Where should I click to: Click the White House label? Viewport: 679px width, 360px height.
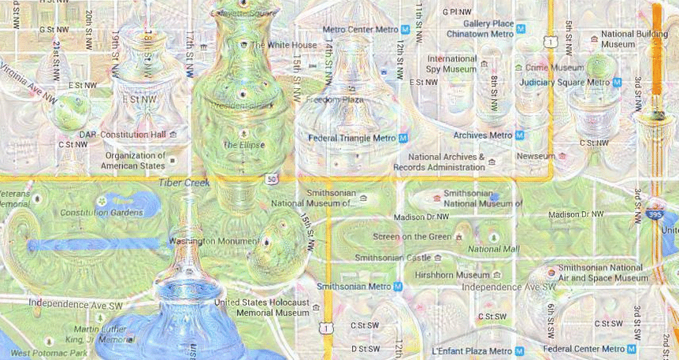pos(284,45)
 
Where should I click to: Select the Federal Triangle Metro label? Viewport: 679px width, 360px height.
pos(351,138)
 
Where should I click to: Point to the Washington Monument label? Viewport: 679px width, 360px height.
pos(214,240)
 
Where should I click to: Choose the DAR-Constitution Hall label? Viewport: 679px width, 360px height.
pos(123,135)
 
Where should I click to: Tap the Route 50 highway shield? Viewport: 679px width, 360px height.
pos(273,180)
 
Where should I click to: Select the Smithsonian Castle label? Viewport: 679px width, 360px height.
pos(392,257)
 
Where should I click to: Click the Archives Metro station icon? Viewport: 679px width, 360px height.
pos(519,135)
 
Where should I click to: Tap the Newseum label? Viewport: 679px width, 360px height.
pos(536,156)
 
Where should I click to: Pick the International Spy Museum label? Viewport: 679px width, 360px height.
pos(451,64)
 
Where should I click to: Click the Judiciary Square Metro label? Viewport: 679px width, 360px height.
pos(564,82)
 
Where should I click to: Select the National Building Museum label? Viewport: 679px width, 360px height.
pos(634,39)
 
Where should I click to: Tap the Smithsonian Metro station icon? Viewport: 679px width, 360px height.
pos(399,287)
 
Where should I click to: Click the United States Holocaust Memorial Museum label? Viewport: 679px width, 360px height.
pos(262,307)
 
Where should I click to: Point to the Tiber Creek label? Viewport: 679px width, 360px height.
pos(184,183)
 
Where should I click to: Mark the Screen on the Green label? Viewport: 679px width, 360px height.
pos(412,236)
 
